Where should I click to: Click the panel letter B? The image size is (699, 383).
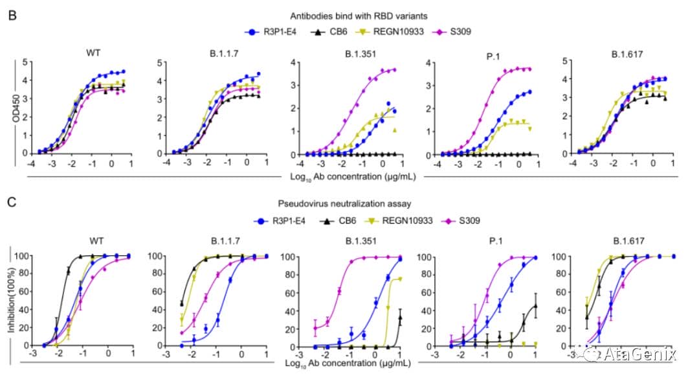(x=12, y=14)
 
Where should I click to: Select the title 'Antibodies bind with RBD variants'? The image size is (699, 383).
(x=349, y=16)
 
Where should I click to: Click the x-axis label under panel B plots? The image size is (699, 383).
(x=350, y=174)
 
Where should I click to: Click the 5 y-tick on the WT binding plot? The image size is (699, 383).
(x=25, y=62)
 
